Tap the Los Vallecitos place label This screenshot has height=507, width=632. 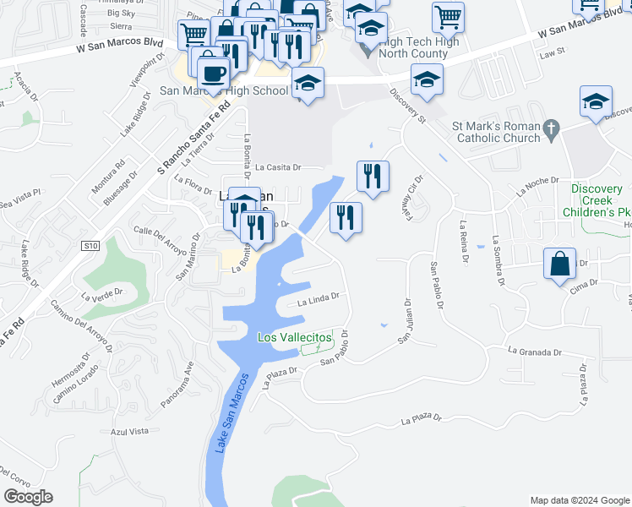295,338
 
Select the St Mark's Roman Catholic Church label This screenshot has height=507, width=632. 497,132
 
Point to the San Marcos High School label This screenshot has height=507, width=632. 223,90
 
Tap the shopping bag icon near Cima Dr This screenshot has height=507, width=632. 561,264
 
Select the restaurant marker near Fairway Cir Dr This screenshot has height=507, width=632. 373,176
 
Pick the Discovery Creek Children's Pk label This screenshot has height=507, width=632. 600,201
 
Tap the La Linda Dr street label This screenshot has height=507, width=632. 318,297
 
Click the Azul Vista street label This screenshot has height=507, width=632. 129,431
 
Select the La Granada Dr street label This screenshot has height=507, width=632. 535,350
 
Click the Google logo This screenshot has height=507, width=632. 28,497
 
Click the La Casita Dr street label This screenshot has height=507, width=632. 277,167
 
